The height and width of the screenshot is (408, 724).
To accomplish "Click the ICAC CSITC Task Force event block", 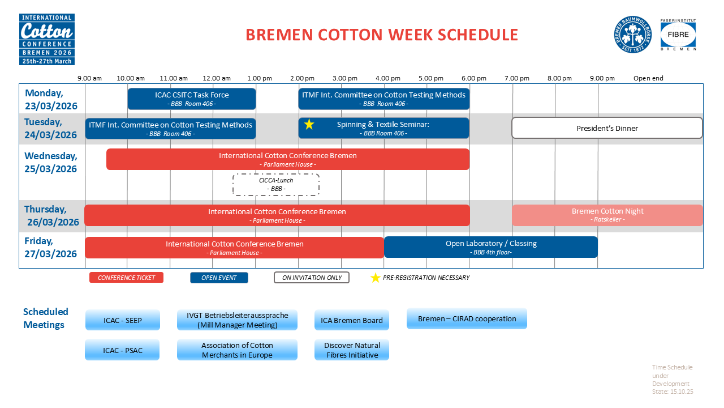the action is [x=192, y=99].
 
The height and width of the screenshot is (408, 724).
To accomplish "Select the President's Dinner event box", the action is [x=607, y=128].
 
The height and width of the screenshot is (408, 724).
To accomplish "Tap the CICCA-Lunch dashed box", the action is [x=276, y=185].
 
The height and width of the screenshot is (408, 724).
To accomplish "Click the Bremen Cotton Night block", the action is [x=607, y=215].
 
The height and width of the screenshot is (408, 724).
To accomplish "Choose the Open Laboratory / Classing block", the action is [x=491, y=248].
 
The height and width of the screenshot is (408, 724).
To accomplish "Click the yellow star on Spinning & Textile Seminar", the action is [x=309, y=124].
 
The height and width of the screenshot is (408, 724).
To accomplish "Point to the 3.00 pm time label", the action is [x=345, y=78].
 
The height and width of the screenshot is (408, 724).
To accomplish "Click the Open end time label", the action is [x=648, y=78].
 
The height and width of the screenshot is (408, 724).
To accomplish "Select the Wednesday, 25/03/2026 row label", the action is [x=51, y=162].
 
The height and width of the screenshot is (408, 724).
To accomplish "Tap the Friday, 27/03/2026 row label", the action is [x=50, y=248].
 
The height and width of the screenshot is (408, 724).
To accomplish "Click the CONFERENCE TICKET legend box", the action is [x=126, y=278].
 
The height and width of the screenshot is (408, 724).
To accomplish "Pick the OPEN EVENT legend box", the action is [x=219, y=278].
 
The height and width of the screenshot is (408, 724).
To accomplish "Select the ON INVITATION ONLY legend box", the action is [x=312, y=278].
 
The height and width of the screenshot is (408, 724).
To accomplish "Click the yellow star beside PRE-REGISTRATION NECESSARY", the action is [x=375, y=278].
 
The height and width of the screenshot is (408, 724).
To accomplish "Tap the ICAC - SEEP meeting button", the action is [x=123, y=320].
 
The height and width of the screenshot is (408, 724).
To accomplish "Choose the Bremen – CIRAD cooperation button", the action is [x=467, y=318].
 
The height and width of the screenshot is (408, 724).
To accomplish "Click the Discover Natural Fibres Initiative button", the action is [x=352, y=350].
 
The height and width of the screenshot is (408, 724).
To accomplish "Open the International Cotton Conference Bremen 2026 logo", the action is [x=47, y=39].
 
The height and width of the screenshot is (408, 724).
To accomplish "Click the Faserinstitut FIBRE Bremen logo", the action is [x=678, y=35].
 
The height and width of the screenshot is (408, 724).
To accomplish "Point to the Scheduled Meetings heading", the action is [x=46, y=318].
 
